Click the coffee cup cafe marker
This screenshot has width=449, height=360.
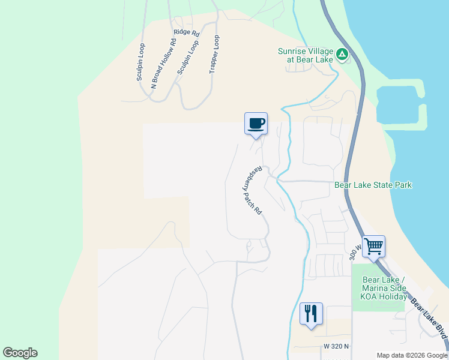tap(256, 124)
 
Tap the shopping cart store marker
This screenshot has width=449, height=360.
tap(373, 245)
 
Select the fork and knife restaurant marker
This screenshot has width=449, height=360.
tap(311, 313)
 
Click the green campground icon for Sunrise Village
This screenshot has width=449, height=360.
tap(342, 55)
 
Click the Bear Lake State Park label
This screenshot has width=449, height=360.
tap(373, 185)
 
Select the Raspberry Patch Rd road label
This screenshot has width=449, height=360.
tap(252, 190)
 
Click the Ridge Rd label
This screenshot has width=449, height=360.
tap(185, 32)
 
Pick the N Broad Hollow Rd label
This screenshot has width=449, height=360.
tap(163, 64)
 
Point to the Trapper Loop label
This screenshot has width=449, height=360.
tap(214, 54)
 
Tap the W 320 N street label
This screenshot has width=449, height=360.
tap(335, 347)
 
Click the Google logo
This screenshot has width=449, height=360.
tap(20, 353)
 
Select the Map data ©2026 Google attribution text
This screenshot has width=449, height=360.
tap(411, 355)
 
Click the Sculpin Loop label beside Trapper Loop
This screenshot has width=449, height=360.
tap(187, 57)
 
